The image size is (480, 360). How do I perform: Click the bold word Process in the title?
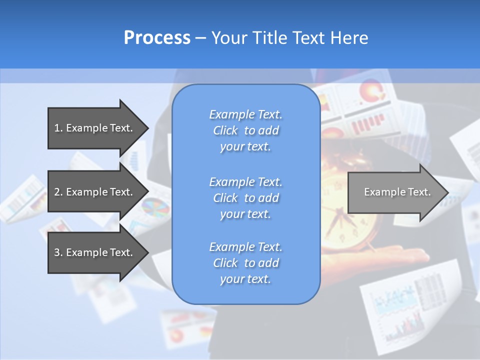pyautogui.click(x=157, y=38)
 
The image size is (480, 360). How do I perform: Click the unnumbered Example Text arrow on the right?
pyautogui.click(x=397, y=192)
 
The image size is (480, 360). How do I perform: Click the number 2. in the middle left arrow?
pyautogui.click(x=58, y=192)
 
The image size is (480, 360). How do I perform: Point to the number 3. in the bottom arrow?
pyautogui.click(x=58, y=252)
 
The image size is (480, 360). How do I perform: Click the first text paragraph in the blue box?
pyautogui.click(x=245, y=130)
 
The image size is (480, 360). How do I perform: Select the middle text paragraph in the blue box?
pyautogui.click(x=245, y=198)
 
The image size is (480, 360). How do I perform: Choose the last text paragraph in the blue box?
pyautogui.click(x=245, y=263)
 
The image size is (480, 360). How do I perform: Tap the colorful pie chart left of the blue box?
pyautogui.click(x=155, y=207)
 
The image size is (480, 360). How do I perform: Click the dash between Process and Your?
pyautogui.click(x=200, y=38)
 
